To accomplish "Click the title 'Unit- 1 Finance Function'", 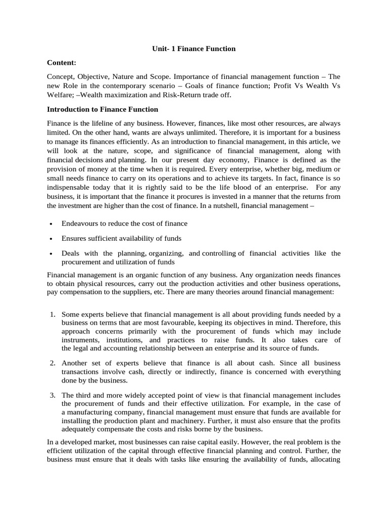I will point(194,49).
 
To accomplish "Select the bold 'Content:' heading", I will point(61,62).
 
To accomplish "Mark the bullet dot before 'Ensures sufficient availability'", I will point(52,238).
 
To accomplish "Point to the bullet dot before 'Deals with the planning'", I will point(52,253).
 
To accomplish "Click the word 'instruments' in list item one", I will point(80,340).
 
